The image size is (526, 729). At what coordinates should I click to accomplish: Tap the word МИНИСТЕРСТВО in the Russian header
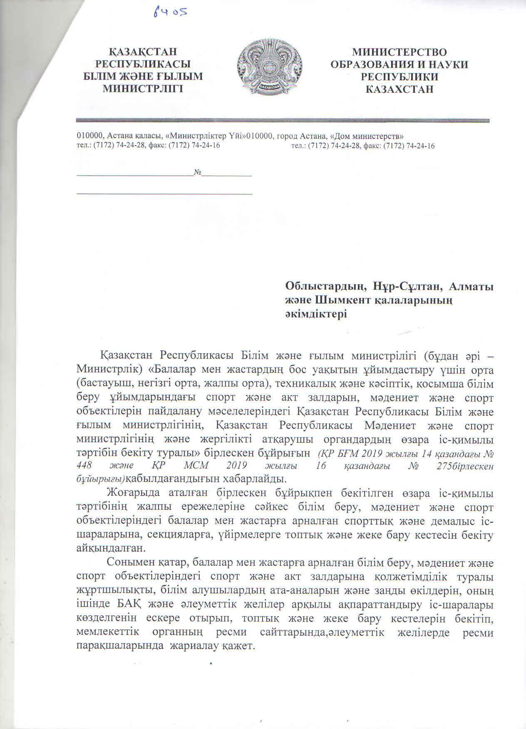coord(399,52)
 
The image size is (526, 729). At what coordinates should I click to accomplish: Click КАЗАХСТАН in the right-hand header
coord(399,89)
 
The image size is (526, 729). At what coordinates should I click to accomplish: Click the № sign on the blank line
coord(198,172)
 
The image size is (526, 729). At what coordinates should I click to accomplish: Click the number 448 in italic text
coord(86,466)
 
